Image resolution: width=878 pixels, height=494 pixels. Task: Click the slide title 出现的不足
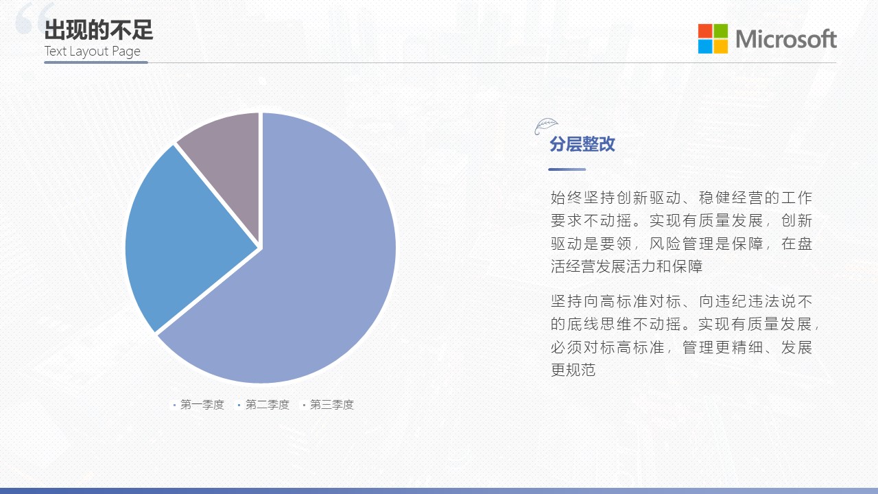tap(98, 30)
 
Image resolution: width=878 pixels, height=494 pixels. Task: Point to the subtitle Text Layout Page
tap(92, 51)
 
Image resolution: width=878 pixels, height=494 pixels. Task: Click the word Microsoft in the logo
tap(786, 39)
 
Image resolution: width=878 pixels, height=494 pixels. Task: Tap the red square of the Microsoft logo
tap(704, 31)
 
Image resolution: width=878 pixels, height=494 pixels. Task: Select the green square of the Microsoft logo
tap(721, 31)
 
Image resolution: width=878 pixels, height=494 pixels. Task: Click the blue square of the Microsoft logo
tap(704, 46)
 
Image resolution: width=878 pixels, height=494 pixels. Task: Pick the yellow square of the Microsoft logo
tap(721, 46)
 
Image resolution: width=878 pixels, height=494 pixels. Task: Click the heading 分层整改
tap(582, 144)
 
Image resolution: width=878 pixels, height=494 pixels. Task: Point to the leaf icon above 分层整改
tap(546, 126)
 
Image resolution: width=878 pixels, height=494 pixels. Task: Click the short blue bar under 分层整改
tap(567, 169)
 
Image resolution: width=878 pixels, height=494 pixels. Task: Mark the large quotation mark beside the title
tap(34, 18)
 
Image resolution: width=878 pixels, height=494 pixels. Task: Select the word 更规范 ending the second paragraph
tap(573, 370)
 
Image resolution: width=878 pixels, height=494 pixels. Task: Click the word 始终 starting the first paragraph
tap(566, 198)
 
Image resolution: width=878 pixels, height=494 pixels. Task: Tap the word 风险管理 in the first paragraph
tap(681, 244)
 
